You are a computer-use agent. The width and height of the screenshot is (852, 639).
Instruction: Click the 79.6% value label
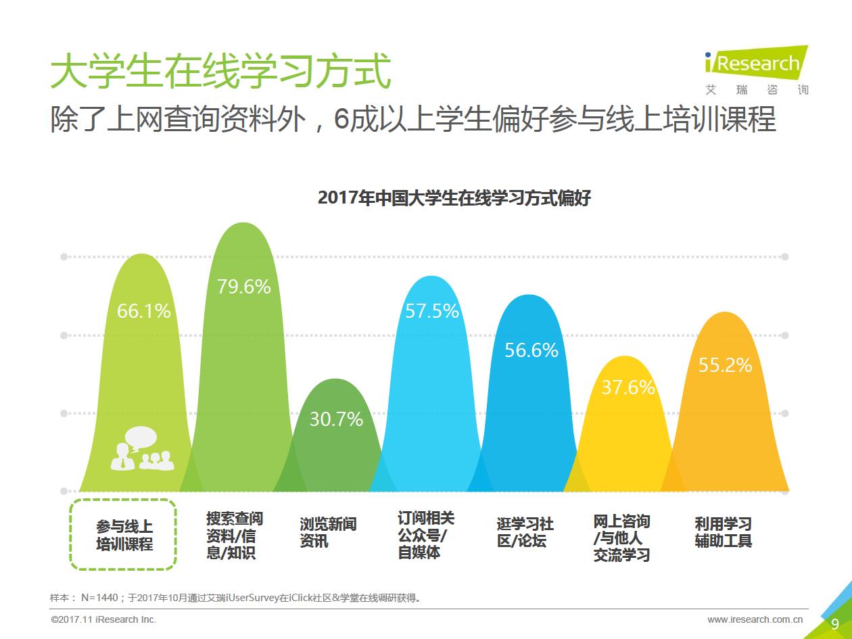tap(243, 287)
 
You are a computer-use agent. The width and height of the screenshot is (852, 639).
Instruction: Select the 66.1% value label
tap(143, 312)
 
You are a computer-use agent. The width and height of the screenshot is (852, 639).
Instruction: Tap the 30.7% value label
tap(336, 419)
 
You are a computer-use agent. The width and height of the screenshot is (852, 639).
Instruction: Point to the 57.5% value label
tap(431, 311)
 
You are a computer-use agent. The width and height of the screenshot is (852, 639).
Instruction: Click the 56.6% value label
tap(531, 350)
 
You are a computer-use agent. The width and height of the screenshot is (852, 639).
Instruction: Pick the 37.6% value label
tap(628, 387)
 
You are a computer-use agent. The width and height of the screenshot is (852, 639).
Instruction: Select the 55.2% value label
tap(725, 365)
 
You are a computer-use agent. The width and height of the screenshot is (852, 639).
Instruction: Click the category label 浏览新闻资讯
tap(328, 533)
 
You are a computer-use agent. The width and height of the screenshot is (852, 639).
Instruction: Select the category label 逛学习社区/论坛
tap(525, 533)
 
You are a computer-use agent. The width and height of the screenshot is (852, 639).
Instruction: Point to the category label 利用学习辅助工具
tap(723, 533)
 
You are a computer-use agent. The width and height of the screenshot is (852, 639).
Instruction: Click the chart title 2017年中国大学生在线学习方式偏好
tap(454, 198)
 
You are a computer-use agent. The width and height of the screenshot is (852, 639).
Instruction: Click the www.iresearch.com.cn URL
tap(755, 619)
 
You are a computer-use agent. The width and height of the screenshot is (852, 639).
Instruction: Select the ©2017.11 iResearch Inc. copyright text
tap(103, 619)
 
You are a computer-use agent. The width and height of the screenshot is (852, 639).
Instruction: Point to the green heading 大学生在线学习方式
tap(221, 72)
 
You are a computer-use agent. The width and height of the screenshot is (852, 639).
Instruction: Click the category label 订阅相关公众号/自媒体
tap(426, 535)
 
